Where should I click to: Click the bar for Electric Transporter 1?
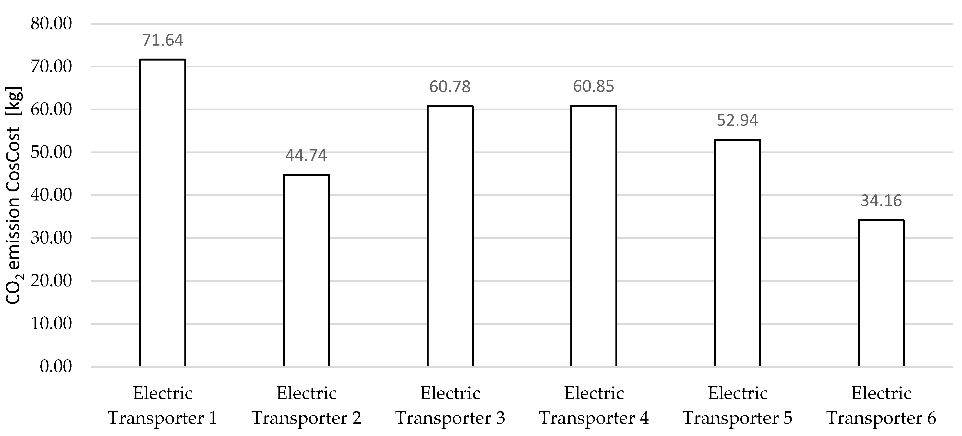pyautogui.click(x=162, y=213)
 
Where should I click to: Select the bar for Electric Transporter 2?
pyautogui.click(x=306, y=271)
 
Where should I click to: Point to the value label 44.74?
pyautogui.click(x=306, y=155)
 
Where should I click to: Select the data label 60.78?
pyautogui.click(x=450, y=87)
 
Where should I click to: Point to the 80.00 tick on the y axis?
pyautogui.click(x=51, y=24)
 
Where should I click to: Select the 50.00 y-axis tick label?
pyautogui.click(x=51, y=152)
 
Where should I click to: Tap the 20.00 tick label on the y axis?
pyautogui.click(x=51, y=281)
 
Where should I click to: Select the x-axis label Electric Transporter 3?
pyautogui.click(x=450, y=406)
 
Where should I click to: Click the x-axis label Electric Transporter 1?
pyautogui.click(x=162, y=406)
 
